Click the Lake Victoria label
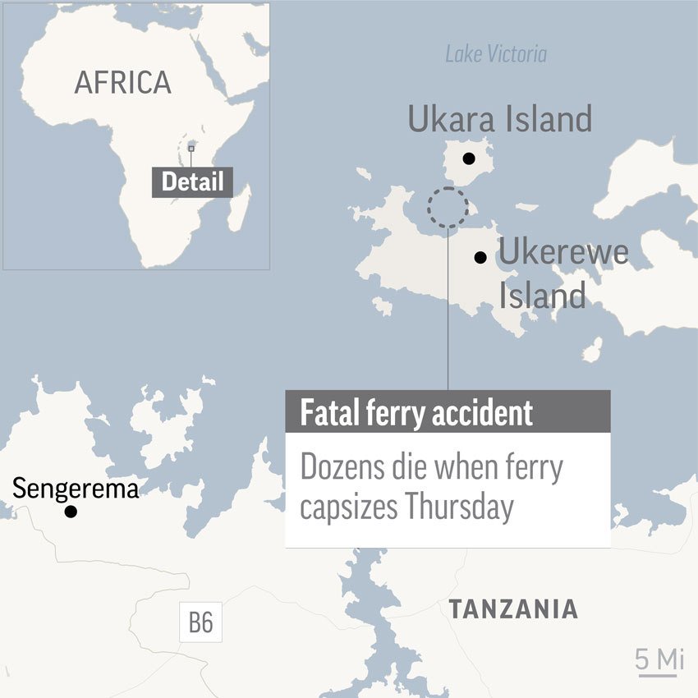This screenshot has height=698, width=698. [495, 54]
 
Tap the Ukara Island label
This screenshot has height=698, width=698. [499, 120]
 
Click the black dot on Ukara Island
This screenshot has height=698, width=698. [468, 158]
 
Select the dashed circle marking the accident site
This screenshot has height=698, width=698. [448, 207]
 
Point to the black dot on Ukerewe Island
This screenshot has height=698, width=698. [480, 258]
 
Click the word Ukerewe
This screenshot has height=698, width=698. [563, 252]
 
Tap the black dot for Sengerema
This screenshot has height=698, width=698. [71, 512]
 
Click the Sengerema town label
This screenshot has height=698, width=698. [76, 490]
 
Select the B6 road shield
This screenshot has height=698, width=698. [200, 622]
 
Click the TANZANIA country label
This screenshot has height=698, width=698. [512, 609]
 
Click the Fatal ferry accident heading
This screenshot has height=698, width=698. [416, 412]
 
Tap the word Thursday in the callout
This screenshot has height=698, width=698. [459, 507]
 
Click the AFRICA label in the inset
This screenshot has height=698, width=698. [122, 82]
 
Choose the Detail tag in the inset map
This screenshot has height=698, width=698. [192, 181]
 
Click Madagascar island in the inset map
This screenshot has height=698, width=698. [238, 209]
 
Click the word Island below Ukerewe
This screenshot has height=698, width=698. [542, 295]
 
